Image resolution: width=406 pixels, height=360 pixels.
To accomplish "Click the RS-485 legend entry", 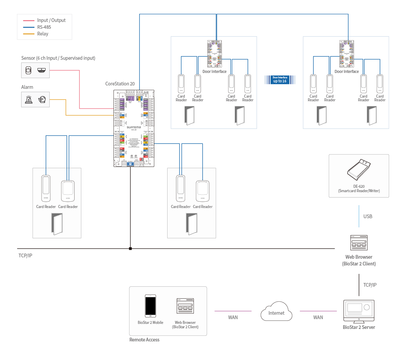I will coord(44,27).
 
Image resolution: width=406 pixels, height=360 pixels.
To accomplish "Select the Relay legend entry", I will coord(43,34).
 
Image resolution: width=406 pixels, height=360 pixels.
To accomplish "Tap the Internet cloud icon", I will coord(276,312).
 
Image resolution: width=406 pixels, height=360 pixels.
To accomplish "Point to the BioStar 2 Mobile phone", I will coord(150,306).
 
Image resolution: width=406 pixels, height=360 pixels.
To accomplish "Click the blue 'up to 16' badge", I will coord(280,80).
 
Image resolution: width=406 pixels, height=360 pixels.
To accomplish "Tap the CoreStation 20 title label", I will coord(120,84).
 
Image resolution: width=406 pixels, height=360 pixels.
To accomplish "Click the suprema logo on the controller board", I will coord(134,127).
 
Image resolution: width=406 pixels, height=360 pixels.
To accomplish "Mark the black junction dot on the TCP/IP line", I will coord(130,249).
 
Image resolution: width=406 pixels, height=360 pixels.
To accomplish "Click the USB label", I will coord(368,216).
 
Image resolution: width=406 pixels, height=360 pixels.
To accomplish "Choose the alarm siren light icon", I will coord(29,100).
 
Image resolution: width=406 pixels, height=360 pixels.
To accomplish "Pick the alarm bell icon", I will coord(42,100).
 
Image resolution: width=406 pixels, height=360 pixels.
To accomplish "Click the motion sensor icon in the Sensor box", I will coord(28,71).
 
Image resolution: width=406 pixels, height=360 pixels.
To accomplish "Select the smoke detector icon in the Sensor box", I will coord(42,70).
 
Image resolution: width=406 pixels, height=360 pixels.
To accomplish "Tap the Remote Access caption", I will coord(144,340).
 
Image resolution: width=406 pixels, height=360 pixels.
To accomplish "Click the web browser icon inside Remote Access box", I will coord(185,306).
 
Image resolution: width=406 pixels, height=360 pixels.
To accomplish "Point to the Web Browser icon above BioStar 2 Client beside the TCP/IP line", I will coord(359,243).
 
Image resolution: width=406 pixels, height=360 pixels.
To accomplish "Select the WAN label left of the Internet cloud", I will coord(233,317).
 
